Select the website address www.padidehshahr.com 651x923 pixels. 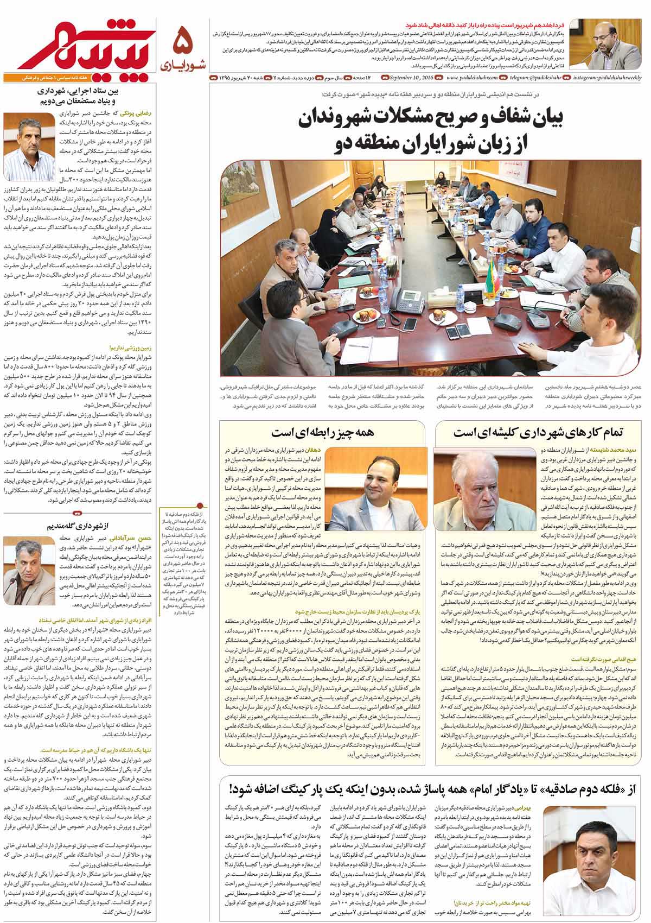(x=465, y=79)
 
